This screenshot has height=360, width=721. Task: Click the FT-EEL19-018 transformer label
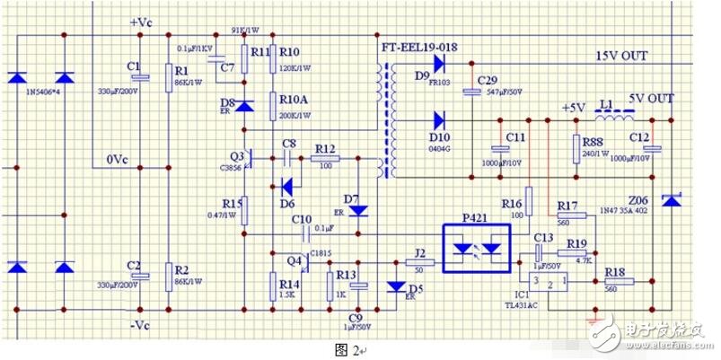click(x=420, y=45)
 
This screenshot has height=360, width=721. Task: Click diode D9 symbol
click(x=439, y=63)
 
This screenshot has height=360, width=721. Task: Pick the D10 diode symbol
click(x=439, y=119)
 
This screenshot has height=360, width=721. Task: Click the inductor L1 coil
click(x=618, y=118)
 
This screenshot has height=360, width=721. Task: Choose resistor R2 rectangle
click(x=168, y=272)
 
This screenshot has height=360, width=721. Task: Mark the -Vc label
click(x=142, y=324)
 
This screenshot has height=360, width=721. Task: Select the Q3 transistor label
click(x=236, y=154)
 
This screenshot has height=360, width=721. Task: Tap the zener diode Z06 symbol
click(x=670, y=200)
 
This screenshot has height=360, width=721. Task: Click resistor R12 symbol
click(x=324, y=159)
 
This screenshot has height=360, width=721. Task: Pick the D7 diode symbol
click(x=358, y=210)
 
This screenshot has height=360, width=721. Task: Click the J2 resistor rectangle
click(x=420, y=263)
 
